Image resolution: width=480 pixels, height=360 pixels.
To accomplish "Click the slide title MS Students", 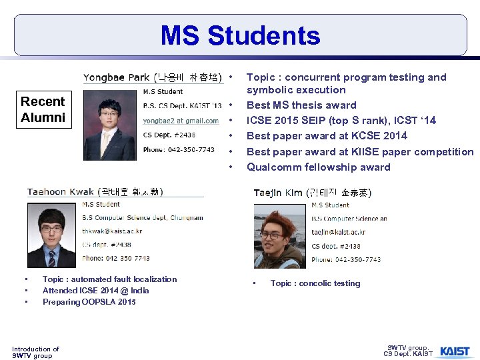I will click(240, 35).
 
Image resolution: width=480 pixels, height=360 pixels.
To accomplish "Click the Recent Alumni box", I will click(43, 110).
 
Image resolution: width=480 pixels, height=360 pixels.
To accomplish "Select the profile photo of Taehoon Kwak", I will click(52, 234).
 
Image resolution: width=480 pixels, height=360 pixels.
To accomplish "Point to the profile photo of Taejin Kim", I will click(279, 234).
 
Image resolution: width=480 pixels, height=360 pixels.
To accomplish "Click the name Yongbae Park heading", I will click(152, 77).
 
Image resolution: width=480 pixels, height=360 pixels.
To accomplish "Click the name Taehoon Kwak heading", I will click(95, 192).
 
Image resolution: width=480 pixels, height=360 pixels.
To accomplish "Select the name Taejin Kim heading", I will click(312, 193).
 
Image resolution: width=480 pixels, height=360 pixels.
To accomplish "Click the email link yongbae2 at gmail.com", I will click(181, 121).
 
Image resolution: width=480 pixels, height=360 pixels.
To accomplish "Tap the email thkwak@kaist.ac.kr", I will click(112, 231).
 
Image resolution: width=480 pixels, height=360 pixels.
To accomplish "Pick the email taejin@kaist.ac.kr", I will click(338, 232).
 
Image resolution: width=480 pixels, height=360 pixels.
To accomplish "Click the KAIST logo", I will click(454, 351).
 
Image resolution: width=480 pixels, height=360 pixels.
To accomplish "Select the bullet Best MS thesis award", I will click(301, 105).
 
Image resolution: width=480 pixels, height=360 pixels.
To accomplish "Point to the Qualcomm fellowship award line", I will click(318, 167).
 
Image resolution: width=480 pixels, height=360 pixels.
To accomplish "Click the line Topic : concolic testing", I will click(315, 283).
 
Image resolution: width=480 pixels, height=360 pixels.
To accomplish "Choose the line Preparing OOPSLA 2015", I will click(89, 302).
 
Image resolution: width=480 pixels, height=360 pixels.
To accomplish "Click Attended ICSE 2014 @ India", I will click(95, 291).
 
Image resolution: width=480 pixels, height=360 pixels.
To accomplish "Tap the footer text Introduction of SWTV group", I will click(35, 352).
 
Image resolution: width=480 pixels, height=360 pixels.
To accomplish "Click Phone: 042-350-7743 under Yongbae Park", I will click(179, 150).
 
